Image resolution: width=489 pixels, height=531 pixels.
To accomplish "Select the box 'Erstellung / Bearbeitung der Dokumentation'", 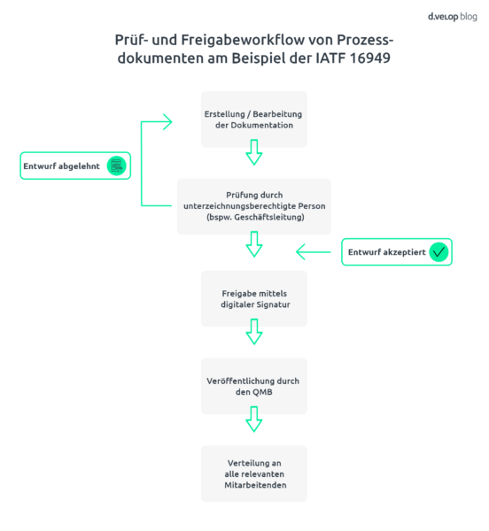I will [254, 119].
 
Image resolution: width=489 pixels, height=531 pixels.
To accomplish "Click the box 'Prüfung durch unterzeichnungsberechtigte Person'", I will [254, 206].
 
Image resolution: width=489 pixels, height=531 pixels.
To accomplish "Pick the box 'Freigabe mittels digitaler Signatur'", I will [254, 297].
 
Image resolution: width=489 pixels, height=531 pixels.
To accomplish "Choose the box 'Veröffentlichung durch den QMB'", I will [254, 386].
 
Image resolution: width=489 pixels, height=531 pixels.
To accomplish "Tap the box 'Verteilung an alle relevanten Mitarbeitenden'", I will [254, 473].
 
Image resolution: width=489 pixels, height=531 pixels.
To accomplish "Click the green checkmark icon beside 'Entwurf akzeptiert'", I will [439, 252].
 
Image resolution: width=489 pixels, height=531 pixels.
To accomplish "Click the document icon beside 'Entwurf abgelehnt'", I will [115, 165].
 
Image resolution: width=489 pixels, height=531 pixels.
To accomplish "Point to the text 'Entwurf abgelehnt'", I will [63, 165].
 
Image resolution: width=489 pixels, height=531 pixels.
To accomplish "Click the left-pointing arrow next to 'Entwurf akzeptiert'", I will [312, 252].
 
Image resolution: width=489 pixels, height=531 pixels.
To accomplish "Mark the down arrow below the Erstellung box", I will [254, 156].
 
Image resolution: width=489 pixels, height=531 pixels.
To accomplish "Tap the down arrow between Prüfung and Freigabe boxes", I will [254, 244].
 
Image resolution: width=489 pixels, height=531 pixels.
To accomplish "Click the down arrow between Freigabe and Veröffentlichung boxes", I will [254, 332].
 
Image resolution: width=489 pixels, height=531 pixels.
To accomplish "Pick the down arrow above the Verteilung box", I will [254, 419].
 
